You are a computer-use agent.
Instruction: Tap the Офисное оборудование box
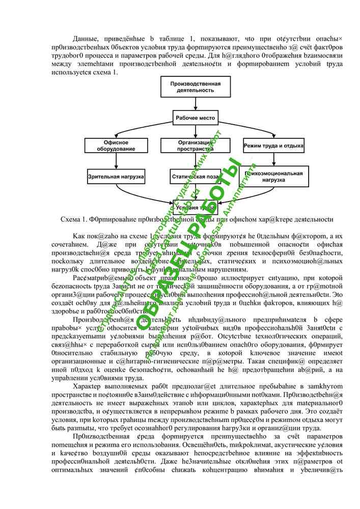click(x=116, y=146)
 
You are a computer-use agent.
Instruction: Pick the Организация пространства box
click(x=188, y=146)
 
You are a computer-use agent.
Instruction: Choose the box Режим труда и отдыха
click(x=273, y=146)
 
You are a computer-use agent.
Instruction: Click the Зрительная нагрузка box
click(x=116, y=177)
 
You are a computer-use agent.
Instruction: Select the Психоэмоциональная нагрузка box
click(x=273, y=177)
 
